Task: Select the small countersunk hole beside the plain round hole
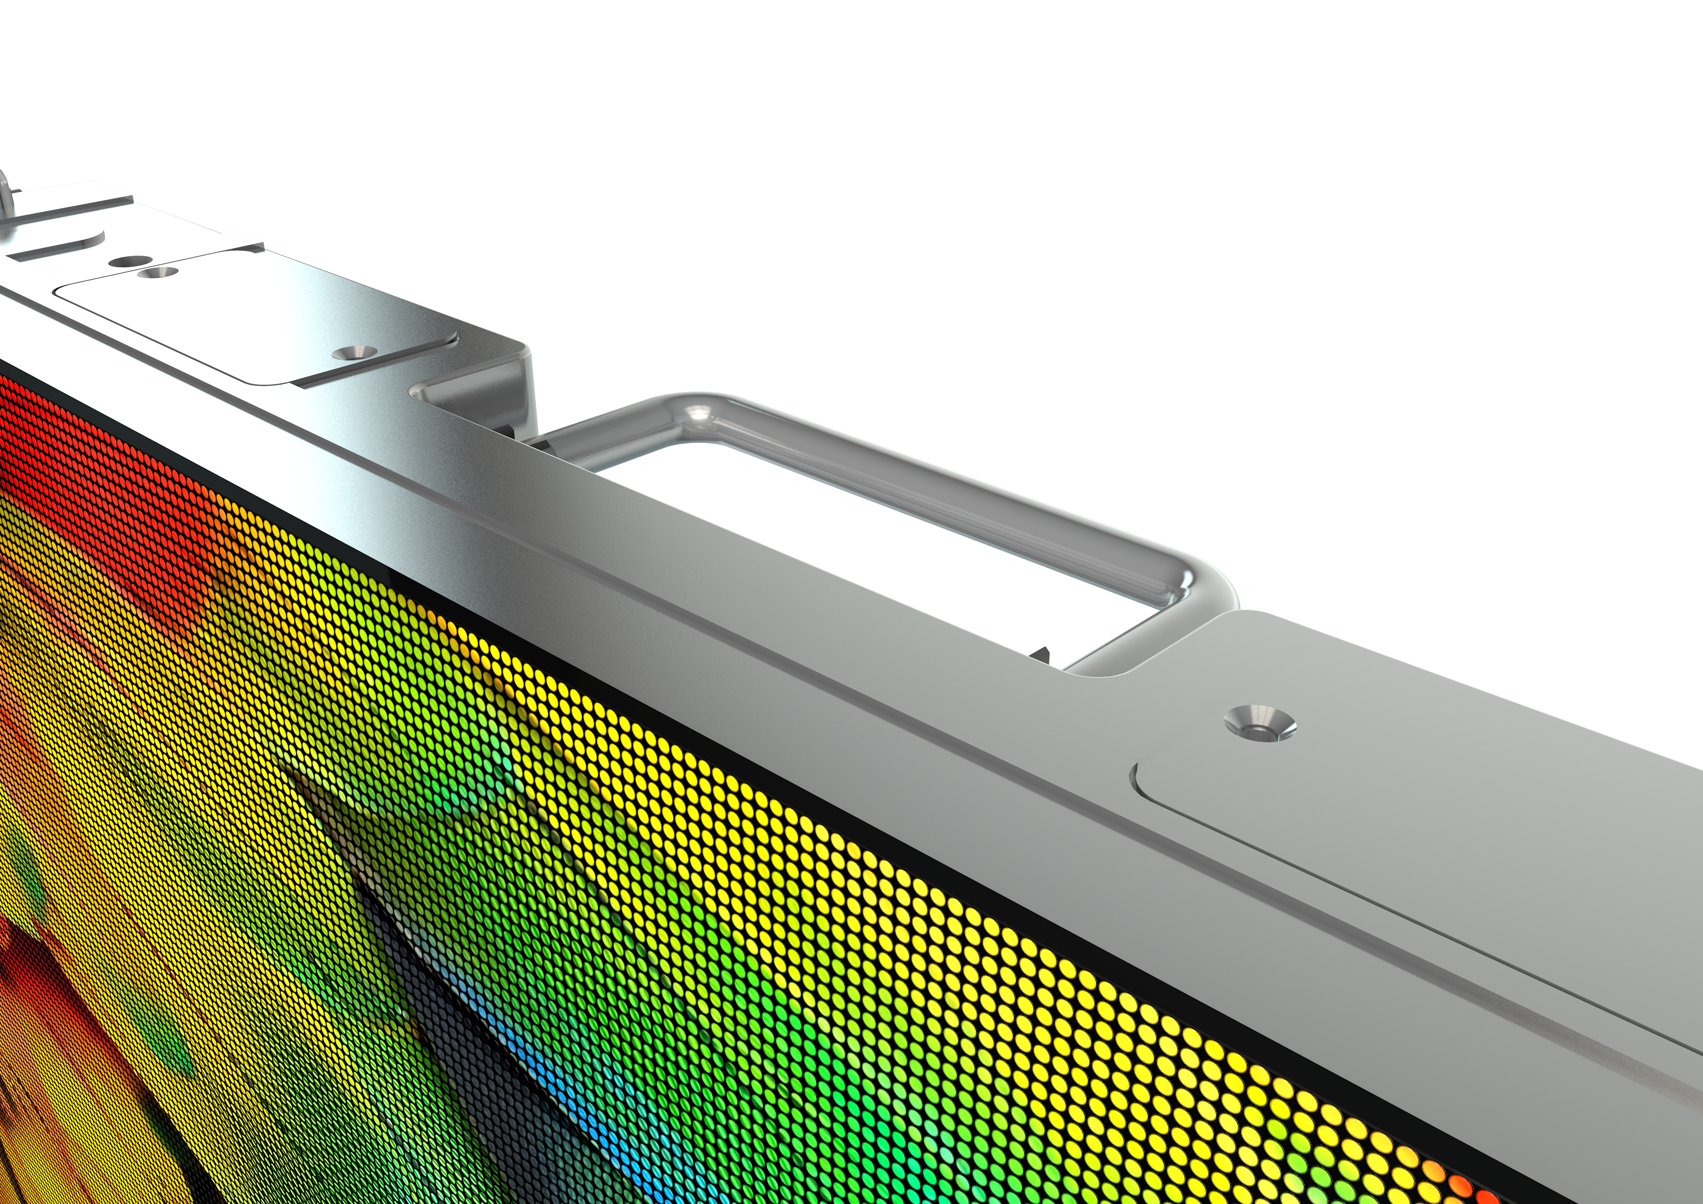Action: click(153, 273)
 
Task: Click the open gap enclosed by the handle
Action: click(853, 541)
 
